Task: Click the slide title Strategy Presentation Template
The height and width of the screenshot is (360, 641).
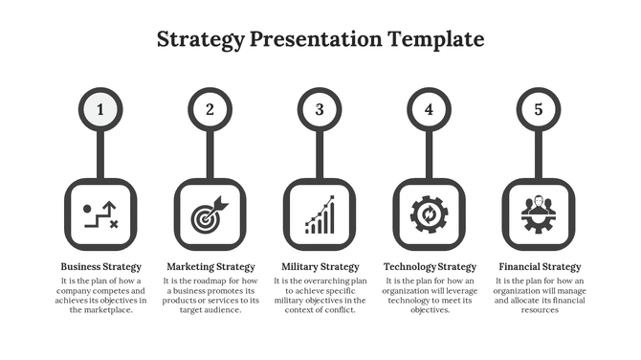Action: tap(320, 39)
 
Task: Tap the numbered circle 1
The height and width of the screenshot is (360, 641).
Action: tap(100, 109)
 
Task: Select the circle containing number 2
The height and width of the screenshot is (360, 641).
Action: tap(210, 109)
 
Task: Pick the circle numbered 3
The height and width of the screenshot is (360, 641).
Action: tap(320, 109)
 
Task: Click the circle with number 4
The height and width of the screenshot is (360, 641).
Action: tap(429, 109)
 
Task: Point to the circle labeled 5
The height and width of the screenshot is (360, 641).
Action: tap(539, 109)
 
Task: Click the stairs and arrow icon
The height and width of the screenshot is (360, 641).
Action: tap(100, 214)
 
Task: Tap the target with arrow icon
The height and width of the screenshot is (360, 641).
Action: tap(210, 214)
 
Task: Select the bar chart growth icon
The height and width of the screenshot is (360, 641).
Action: tap(320, 214)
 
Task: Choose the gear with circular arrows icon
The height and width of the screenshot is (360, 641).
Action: tap(429, 214)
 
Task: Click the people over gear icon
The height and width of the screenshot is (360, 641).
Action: tap(539, 214)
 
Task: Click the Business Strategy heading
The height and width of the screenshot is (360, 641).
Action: tap(100, 266)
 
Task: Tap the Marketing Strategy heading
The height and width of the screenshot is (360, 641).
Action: tap(210, 266)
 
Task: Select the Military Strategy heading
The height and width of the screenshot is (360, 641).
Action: tap(320, 266)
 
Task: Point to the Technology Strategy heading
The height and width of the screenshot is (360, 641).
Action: tap(430, 266)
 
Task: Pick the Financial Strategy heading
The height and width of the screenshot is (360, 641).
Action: tap(540, 266)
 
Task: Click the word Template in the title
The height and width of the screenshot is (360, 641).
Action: tap(435, 39)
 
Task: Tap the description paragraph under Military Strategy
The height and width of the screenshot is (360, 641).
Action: tap(320, 295)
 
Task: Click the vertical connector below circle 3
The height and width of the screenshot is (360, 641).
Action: tap(320, 153)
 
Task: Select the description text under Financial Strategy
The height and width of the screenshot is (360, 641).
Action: tap(540, 295)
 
